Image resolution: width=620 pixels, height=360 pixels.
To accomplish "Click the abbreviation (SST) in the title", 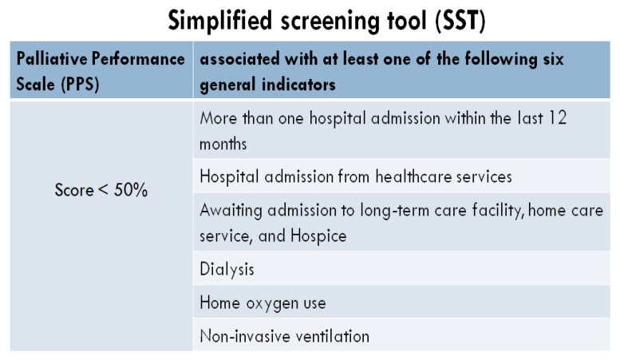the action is click(x=460, y=21).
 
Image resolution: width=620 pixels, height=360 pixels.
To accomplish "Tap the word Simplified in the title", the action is click(x=220, y=21).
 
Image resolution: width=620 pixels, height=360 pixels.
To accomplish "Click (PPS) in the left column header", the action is click(x=80, y=84).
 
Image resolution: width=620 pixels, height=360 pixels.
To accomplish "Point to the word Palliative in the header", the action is click(x=51, y=58).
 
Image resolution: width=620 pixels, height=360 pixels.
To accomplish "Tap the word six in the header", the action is click(x=553, y=59).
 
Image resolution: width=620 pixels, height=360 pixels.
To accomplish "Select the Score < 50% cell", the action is click(x=101, y=190).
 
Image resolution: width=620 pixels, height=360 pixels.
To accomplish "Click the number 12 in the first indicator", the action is click(x=557, y=118).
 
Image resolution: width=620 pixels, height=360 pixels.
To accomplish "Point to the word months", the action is click(x=223, y=144).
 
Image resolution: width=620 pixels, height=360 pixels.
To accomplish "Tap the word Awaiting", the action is click(x=231, y=211).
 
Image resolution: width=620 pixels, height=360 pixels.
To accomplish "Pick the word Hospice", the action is click(x=318, y=236).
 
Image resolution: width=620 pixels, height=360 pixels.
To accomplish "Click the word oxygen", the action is click(x=272, y=304).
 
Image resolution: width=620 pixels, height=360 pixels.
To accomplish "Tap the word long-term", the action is click(x=394, y=211).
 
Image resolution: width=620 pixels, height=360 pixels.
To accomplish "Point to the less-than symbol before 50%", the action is click(x=103, y=189).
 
